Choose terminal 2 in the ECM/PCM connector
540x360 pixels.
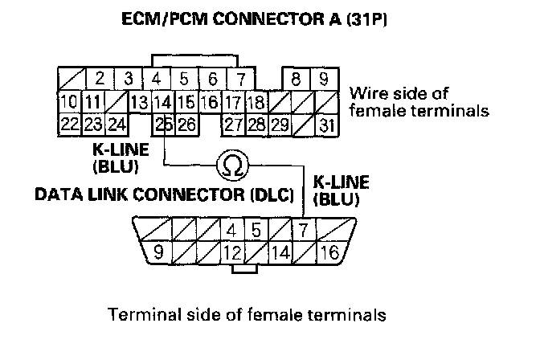coord(99,79)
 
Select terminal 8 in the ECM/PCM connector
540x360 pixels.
coord(297,79)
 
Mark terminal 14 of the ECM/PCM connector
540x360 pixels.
coord(163,102)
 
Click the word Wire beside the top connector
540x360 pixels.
coord(366,92)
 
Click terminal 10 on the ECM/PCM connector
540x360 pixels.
coord(68,102)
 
